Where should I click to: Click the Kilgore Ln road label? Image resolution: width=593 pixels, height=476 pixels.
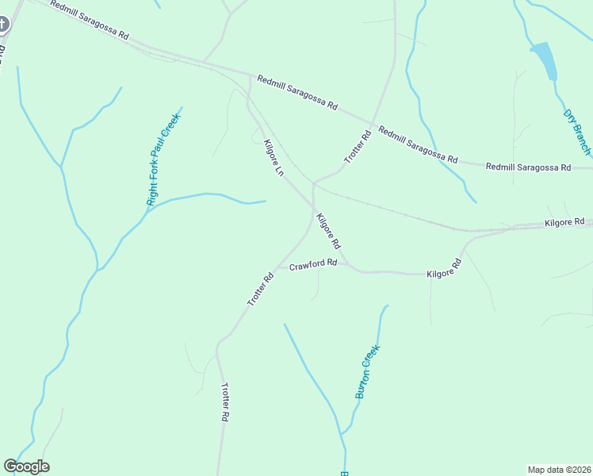click(274, 159)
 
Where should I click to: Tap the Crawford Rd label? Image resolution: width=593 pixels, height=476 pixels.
click(313, 263)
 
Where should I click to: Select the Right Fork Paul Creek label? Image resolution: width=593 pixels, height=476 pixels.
click(164, 159)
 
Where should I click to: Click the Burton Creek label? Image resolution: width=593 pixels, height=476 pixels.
click(368, 370)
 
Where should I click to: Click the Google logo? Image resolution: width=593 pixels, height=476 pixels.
click(26, 466)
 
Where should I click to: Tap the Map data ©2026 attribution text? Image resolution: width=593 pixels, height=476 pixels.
click(560, 469)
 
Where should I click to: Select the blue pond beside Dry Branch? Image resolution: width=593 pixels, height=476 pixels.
click(545, 60)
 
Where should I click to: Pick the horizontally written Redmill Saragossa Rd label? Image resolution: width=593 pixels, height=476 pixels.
click(528, 167)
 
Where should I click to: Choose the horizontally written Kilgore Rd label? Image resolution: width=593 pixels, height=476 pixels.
click(564, 223)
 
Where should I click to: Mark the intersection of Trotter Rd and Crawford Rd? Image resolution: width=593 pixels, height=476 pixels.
click(277, 267)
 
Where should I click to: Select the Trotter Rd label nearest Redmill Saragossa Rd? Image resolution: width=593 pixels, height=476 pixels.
click(358, 148)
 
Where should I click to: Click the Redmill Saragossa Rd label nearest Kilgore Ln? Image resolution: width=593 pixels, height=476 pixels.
click(297, 94)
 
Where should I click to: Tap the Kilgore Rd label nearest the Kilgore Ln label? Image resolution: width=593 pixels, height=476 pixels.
click(327, 231)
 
